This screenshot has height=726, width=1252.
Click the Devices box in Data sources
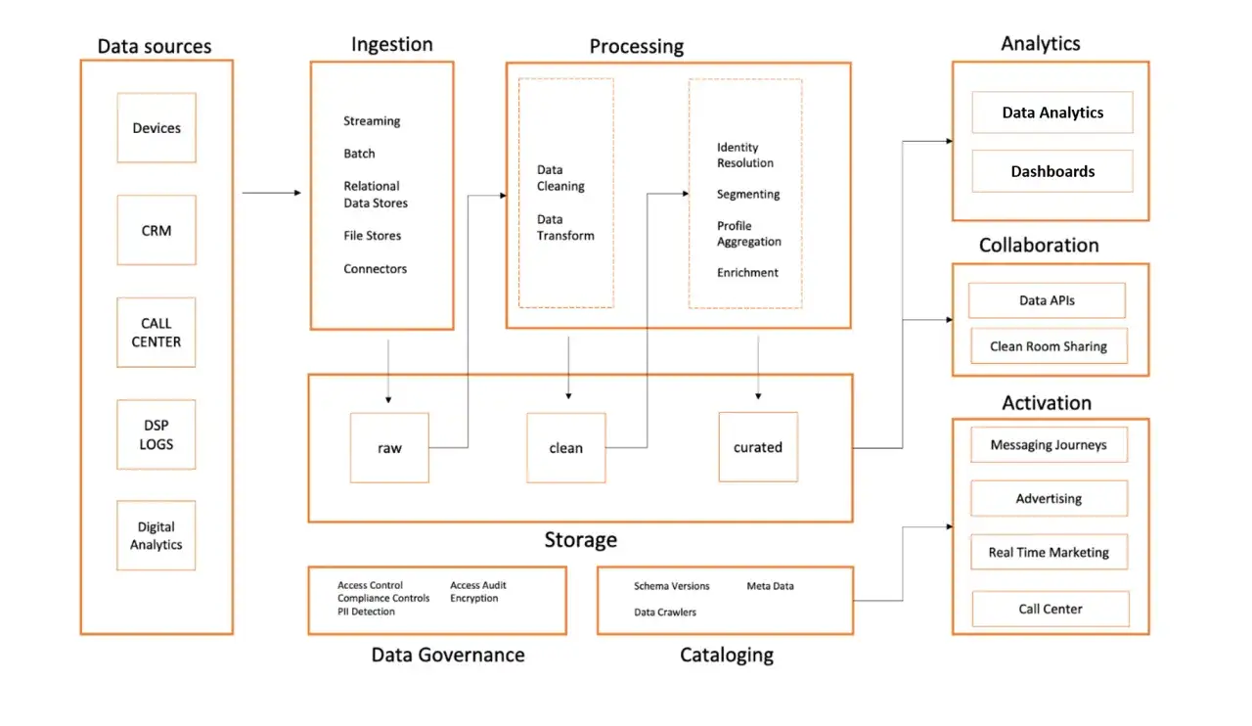click(x=156, y=127)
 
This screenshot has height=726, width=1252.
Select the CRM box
click(x=156, y=230)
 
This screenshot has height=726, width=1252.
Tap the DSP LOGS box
click(x=156, y=434)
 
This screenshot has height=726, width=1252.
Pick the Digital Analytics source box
click(x=156, y=535)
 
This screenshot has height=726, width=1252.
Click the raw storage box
click(x=389, y=447)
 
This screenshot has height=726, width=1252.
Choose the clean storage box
click(x=566, y=447)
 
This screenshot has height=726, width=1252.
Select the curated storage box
click(x=758, y=447)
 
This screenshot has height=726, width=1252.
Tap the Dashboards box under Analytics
click(x=1052, y=171)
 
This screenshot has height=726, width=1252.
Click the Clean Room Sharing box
click(x=1050, y=346)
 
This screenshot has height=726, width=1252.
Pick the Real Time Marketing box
click(x=1050, y=552)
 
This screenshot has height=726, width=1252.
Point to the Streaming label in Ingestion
click(x=372, y=121)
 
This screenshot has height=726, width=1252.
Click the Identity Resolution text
click(x=745, y=155)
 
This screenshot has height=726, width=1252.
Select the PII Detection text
click(x=366, y=612)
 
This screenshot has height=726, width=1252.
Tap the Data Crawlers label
click(x=665, y=612)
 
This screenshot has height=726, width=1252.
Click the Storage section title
click(x=581, y=540)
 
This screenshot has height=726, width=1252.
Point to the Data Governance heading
click(x=448, y=655)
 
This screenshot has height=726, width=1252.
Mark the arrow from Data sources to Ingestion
click(x=272, y=193)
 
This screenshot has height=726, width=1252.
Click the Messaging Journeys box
click(x=1050, y=444)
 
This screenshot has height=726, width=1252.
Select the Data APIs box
click(x=1047, y=300)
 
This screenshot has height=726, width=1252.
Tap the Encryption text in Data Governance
click(x=474, y=599)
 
